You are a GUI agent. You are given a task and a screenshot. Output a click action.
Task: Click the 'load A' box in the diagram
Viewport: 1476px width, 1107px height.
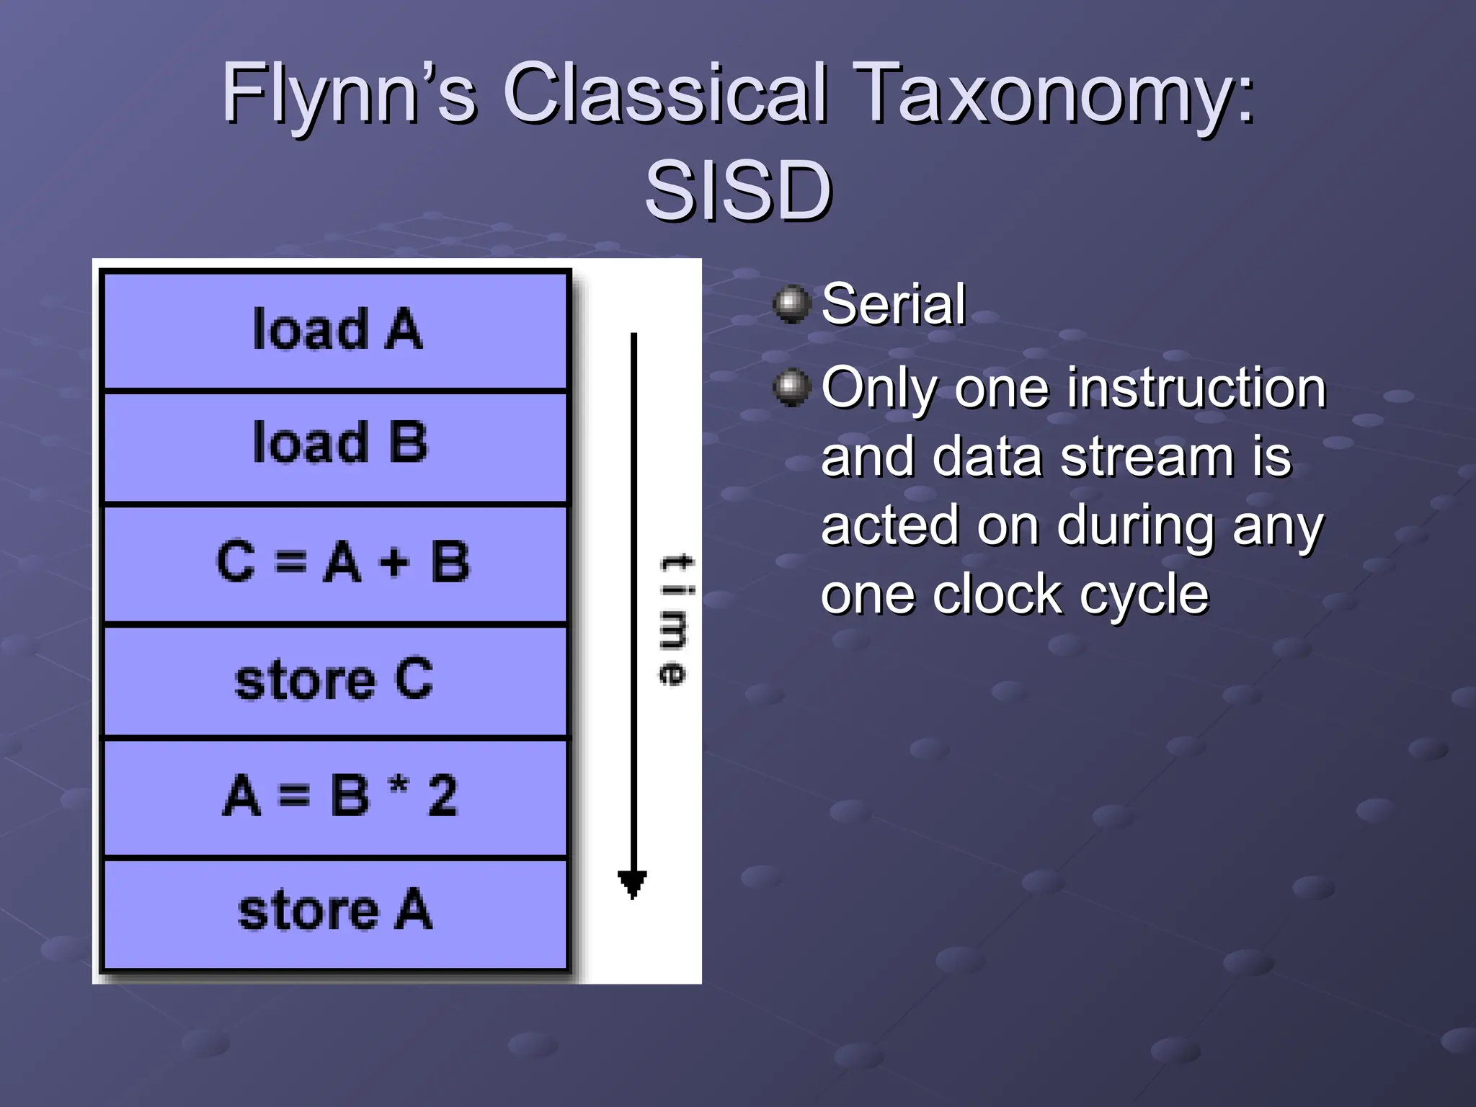(336, 330)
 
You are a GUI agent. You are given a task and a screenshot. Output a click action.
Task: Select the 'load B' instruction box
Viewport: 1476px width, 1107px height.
(336, 445)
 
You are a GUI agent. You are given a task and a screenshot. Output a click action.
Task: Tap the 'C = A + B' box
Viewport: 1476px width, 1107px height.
(336, 563)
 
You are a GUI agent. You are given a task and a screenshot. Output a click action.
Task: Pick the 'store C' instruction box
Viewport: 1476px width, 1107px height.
(336, 680)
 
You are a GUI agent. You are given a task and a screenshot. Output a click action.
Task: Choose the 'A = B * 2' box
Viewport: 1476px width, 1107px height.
(336, 797)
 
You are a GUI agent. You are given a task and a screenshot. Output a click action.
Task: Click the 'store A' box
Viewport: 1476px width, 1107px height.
(336, 912)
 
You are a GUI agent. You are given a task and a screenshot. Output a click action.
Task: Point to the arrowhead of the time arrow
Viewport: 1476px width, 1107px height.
(633, 884)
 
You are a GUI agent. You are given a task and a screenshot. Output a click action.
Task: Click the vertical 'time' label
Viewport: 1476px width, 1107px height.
(674, 620)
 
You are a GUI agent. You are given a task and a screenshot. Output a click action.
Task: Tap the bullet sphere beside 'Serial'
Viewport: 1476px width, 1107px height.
(792, 304)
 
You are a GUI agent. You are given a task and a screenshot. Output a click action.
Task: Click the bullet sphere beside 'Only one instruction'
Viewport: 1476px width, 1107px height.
(792, 388)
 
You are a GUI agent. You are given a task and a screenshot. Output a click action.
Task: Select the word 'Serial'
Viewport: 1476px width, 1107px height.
(893, 305)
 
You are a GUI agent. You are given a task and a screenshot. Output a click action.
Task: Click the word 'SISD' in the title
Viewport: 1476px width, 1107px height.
(738, 192)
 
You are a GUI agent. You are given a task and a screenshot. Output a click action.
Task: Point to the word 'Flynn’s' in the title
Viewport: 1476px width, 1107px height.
(349, 94)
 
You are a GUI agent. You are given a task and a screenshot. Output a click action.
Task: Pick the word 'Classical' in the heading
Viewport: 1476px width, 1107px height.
(664, 94)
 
